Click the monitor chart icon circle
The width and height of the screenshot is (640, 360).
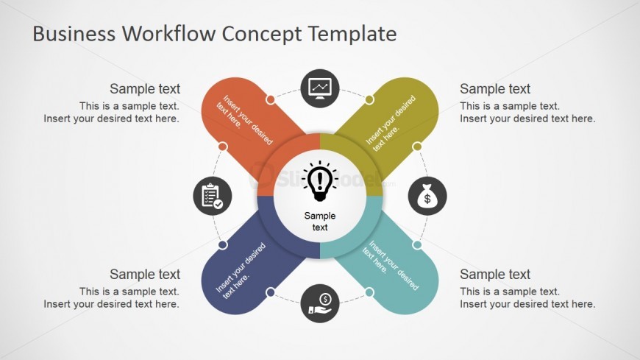tap(320, 88)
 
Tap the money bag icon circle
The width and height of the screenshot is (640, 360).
tap(427, 196)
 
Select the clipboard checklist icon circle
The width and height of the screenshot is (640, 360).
tap(213, 196)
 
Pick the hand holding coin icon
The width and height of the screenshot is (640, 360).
tap(320, 303)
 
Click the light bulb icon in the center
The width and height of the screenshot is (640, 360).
tap(320, 181)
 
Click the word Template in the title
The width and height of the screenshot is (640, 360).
tap(352, 35)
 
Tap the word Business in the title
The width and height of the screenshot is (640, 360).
tap(74, 34)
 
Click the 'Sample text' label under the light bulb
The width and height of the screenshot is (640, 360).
tap(320, 222)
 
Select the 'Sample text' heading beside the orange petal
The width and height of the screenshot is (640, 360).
tap(145, 88)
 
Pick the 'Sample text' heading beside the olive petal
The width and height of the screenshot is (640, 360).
tap(495, 88)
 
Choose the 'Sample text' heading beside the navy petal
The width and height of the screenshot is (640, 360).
tap(145, 274)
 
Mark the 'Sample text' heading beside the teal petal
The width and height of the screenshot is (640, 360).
tap(495, 274)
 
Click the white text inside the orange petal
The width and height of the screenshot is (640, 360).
tap(244, 119)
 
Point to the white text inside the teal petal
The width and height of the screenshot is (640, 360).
tap(391, 264)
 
